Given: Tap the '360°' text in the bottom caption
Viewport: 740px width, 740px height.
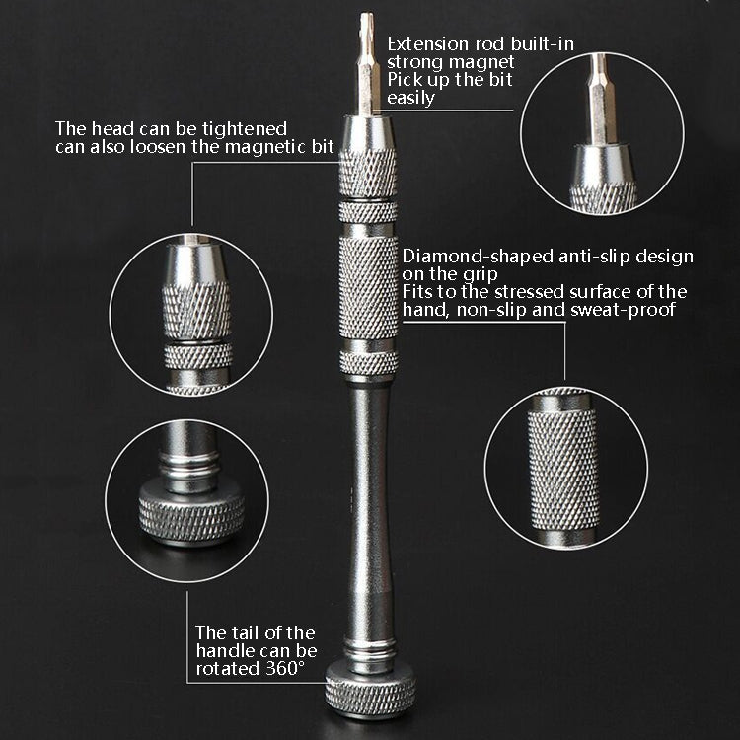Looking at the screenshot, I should pyautogui.click(x=284, y=669).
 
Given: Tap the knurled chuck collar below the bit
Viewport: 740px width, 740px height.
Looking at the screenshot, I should pyautogui.click(x=368, y=172).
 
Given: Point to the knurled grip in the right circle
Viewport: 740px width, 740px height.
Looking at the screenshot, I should pyautogui.click(x=562, y=465).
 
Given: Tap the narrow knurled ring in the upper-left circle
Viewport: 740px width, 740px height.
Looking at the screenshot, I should pyautogui.click(x=197, y=355).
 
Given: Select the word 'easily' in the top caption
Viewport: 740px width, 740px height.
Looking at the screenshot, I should pyautogui.click(x=410, y=99).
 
